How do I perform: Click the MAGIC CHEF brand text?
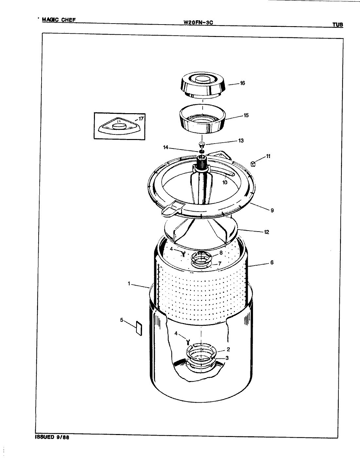(59, 20)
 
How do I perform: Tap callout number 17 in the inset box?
(141, 118)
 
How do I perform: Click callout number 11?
(268, 156)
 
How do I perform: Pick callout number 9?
(272, 210)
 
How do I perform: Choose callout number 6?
(272, 262)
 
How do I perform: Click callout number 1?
(130, 284)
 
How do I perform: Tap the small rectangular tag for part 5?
(138, 328)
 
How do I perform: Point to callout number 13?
(241, 141)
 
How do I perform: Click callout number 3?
(227, 358)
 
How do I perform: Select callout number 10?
(225, 183)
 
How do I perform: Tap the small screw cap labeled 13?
(202, 144)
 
